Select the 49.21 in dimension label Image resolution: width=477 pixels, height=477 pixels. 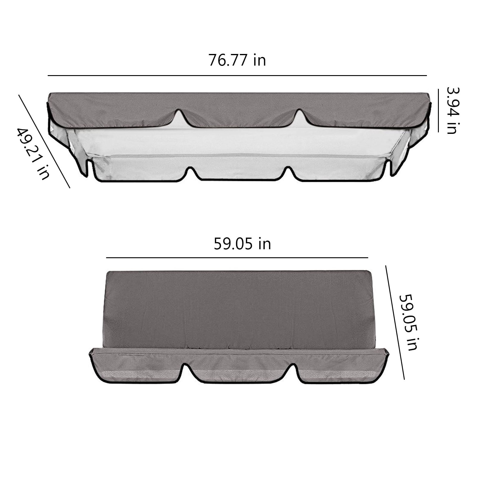(x=33, y=154)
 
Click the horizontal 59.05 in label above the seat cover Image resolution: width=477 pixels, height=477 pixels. (x=242, y=244)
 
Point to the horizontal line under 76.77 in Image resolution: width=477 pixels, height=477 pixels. (x=237, y=76)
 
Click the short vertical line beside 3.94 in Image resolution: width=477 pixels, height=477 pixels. (x=438, y=110)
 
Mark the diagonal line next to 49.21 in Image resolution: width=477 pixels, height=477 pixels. (x=44, y=141)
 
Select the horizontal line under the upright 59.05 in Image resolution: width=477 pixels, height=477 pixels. (x=237, y=257)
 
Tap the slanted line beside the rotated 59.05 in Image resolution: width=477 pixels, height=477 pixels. (x=395, y=322)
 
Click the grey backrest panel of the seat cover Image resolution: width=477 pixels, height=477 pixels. (x=240, y=309)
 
